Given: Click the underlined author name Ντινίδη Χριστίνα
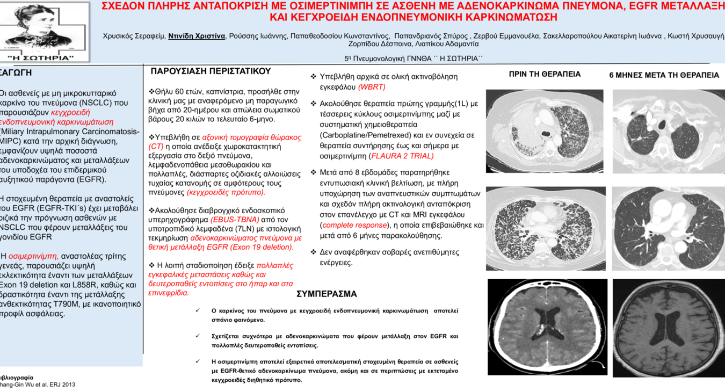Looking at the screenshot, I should click(197, 37).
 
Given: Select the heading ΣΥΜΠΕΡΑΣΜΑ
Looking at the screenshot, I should click(327, 294).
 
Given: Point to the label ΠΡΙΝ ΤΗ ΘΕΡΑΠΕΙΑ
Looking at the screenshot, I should click(545, 75).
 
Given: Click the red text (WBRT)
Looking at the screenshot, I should click(372, 87).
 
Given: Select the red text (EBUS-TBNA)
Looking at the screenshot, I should click(235, 220).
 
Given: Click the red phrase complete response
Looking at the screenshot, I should click(354, 225).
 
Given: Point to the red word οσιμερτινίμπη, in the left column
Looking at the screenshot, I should click(33, 257).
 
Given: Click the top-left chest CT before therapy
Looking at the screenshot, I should click(545, 131).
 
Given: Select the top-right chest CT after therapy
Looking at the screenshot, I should click(669, 131).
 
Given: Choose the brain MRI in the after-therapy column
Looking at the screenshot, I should click(669, 326).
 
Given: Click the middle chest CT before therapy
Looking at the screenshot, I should click(545, 228).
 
